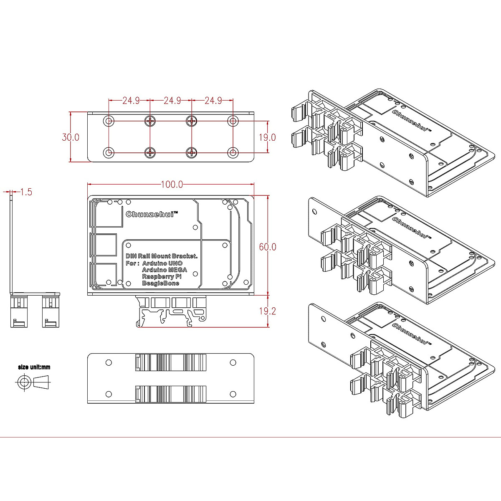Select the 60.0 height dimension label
268,247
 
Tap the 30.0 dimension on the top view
70,137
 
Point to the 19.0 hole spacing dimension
268,137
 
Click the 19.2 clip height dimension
268,311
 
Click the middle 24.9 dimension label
172,101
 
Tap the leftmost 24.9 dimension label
131,101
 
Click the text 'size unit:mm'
34,367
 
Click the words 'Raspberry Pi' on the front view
162,276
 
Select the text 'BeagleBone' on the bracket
160,283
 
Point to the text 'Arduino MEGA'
164,270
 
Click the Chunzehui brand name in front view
152,214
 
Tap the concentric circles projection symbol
24,382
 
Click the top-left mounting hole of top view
109,121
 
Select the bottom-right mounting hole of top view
233,152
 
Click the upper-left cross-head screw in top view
150,121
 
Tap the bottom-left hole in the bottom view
109,394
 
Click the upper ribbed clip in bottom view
171,362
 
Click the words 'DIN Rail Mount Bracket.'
162,256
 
